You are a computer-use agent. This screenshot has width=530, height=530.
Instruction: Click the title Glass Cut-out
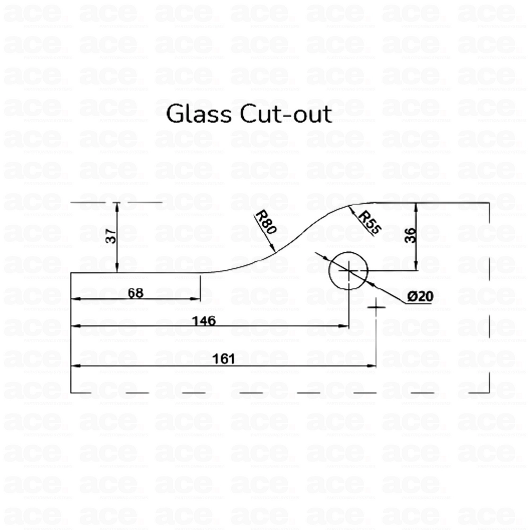coord(249,114)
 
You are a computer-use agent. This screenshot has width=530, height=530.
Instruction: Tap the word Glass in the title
coord(196,114)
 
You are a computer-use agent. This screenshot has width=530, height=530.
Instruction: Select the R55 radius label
coord(369,223)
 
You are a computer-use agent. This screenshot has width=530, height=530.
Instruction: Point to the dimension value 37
coord(111,235)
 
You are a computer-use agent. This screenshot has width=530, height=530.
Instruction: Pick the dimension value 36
coord(410,235)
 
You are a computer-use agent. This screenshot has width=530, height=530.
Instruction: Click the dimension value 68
coord(136,293)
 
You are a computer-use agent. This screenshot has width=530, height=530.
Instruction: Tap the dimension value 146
coord(205,320)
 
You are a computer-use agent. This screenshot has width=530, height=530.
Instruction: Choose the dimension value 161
coord(223,359)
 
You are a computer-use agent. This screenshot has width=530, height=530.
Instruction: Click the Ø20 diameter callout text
coord(421,297)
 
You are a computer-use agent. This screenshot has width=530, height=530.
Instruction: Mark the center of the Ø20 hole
coord(349,270)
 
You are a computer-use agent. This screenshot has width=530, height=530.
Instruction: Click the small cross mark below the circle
coord(376,307)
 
